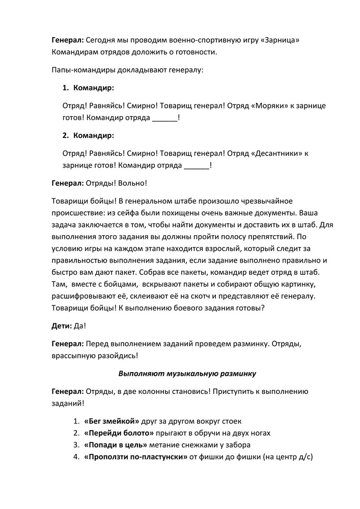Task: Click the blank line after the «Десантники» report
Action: point(196,165)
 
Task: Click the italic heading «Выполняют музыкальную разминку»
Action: point(187,373)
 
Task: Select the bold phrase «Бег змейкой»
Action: point(112,421)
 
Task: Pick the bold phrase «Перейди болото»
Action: point(119,433)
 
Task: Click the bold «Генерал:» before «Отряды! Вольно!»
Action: point(68,183)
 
